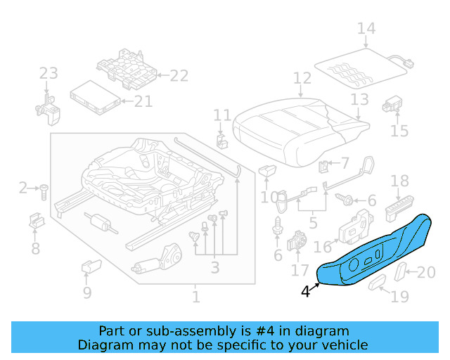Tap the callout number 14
pos(366,29)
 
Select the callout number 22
pos(179,76)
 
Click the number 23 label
pos(49,74)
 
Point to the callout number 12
pos(302,78)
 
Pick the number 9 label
pos(86,292)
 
